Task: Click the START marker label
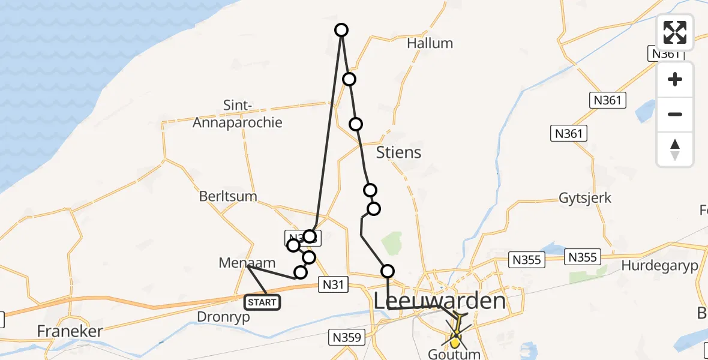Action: click(262, 302)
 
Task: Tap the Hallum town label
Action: click(430, 43)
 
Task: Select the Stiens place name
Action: click(398, 152)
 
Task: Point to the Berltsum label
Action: click(228, 196)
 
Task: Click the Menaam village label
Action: click(247, 262)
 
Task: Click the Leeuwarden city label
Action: click(439, 302)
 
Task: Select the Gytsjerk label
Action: click(585, 197)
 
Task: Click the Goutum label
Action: click(454, 354)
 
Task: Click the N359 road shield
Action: click(347, 338)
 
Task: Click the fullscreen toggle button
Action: click(675, 32)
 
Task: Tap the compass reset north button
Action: click(675, 149)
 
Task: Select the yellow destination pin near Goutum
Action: click(455, 343)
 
